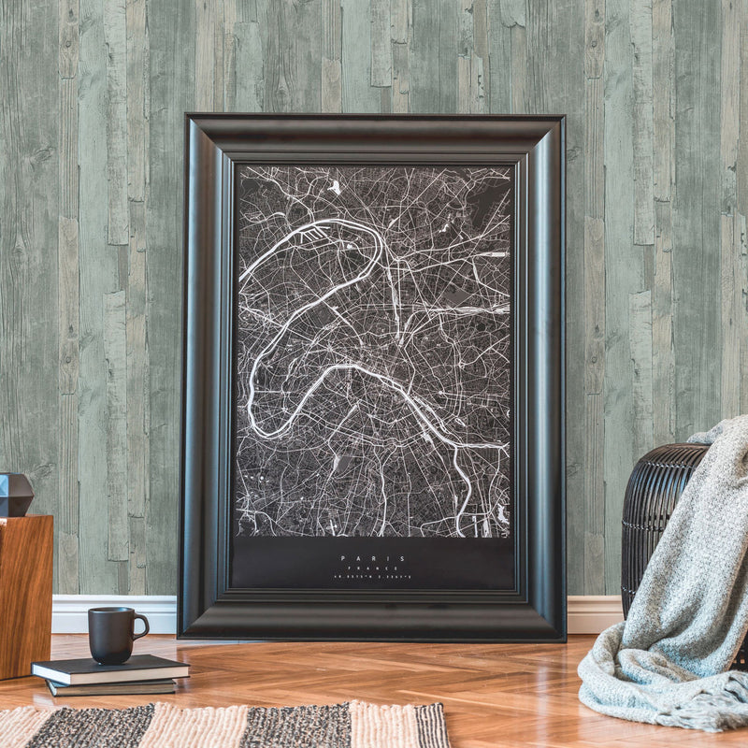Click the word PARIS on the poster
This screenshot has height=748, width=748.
[x=374, y=558]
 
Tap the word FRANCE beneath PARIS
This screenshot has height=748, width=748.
[x=374, y=568]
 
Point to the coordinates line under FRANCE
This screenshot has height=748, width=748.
[x=374, y=578]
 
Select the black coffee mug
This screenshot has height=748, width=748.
[x=112, y=635]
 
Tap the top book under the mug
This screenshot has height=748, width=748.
[x=110, y=669]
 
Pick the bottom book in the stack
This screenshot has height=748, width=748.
[x=112, y=687]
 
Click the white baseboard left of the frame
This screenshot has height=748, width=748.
[x=112, y=613]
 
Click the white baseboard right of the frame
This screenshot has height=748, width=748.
[x=593, y=614]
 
